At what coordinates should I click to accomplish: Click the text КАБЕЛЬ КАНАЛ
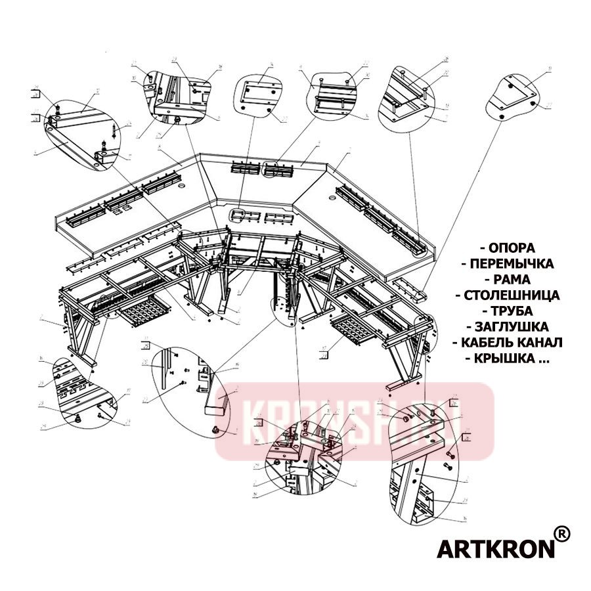(x=512, y=343)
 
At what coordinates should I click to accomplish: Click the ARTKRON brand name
(x=495, y=548)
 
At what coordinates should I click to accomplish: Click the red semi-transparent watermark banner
(x=355, y=420)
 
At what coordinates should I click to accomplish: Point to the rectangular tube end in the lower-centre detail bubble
(x=217, y=400)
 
